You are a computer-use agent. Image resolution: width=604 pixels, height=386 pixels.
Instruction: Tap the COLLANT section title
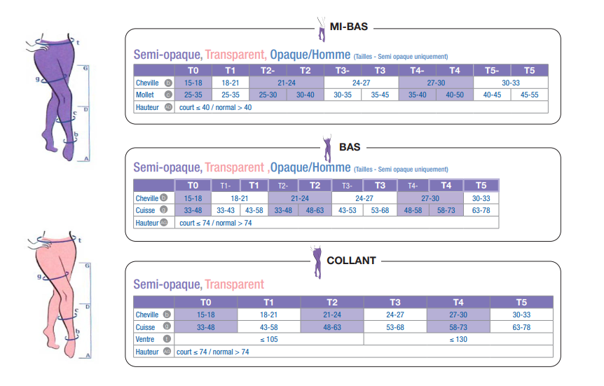click(351, 261)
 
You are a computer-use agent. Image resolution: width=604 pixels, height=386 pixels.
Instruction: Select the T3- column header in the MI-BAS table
click(343, 70)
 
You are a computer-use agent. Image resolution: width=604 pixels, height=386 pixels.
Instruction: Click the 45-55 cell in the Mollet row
click(529, 95)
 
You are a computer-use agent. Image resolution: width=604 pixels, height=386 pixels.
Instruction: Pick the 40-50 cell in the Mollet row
click(455, 95)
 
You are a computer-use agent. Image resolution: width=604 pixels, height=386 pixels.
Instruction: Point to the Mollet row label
click(146, 95)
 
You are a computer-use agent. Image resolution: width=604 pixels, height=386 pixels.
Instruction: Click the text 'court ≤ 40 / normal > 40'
click(215, 107)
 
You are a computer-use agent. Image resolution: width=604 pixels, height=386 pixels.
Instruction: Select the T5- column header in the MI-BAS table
click(492, 70)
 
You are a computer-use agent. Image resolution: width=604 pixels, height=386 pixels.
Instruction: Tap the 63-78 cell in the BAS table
click(481, 210)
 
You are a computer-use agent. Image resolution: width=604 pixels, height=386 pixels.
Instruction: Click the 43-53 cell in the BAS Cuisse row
click(348, 210)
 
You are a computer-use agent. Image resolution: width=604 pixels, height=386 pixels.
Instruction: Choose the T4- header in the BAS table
click(413, 186)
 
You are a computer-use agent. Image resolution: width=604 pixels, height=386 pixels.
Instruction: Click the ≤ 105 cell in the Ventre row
click(269, 339)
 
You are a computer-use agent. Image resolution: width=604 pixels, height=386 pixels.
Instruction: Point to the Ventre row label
click(145, 339)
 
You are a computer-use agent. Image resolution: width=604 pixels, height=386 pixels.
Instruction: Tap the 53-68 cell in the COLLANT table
click(395, 327)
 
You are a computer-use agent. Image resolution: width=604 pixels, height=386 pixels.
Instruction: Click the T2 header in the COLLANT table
click(332, 302)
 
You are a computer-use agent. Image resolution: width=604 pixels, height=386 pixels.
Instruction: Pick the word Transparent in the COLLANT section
click(234, 284)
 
